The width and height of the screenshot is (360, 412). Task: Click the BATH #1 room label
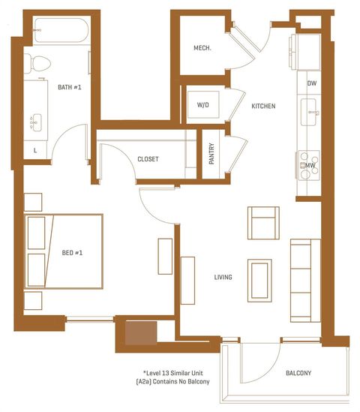[70, 86]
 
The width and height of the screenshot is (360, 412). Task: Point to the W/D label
[203, 105]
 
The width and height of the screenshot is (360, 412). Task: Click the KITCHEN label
[263, 107]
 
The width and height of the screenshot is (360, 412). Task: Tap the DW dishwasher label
[310, 84]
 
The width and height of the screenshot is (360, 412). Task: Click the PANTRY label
[212, 154]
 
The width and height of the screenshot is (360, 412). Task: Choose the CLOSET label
[148, 159]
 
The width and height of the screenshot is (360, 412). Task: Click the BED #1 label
[72, 253]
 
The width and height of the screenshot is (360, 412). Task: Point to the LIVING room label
[223, 278]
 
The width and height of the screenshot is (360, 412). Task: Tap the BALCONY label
[298, 374]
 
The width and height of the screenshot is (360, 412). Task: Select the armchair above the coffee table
[262, 222]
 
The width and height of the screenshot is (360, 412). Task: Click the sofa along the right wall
[301, 270]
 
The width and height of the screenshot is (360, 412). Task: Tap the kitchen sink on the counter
[310, 113]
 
